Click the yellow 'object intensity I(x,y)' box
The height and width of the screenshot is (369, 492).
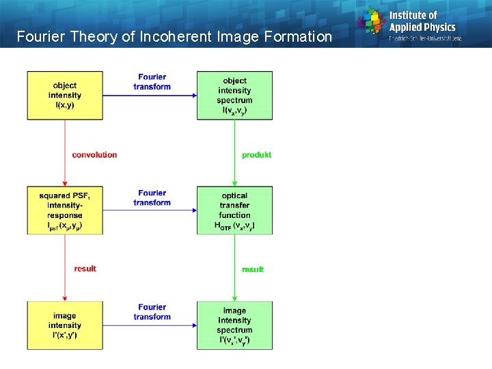tap(64, 95)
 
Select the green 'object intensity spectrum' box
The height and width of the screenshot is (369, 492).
tap(234, 95)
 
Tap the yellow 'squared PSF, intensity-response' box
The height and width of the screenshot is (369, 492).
tap(64, 210)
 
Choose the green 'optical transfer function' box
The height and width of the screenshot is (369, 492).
tap(234, 210)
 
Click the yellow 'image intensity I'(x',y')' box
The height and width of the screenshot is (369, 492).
tap(64, 325)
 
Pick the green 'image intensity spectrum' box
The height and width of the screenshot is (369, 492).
tap(234, 325)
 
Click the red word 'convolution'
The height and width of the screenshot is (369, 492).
tap(94, 155)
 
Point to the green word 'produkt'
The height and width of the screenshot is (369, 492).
tap(256, 155)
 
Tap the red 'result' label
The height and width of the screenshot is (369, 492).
tap(85, 269)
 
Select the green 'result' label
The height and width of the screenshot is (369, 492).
tap(253, 269)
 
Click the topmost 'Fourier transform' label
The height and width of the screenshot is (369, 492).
tap(152, 82)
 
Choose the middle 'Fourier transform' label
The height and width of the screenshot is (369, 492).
tap(152, 197)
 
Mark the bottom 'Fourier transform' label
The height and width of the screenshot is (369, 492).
tap(152, 312)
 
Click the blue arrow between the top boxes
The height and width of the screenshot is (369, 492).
tap(164, 95)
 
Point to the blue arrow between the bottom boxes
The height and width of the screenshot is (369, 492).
tap(164, 325)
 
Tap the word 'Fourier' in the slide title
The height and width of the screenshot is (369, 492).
tap(39, 36)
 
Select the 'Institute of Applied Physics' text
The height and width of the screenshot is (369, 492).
tap(422, 21)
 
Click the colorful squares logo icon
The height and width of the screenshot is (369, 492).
tap(372, 20)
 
